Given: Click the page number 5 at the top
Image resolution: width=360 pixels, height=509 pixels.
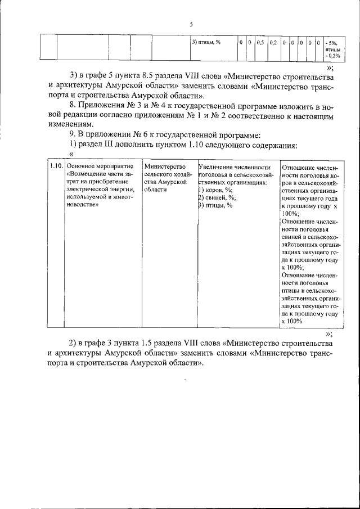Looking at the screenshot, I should pos(191,24).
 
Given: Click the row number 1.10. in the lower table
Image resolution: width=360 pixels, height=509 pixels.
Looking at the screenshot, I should pos(55,167).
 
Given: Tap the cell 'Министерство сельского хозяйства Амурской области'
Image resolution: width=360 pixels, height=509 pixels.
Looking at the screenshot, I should pos(165,178).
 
